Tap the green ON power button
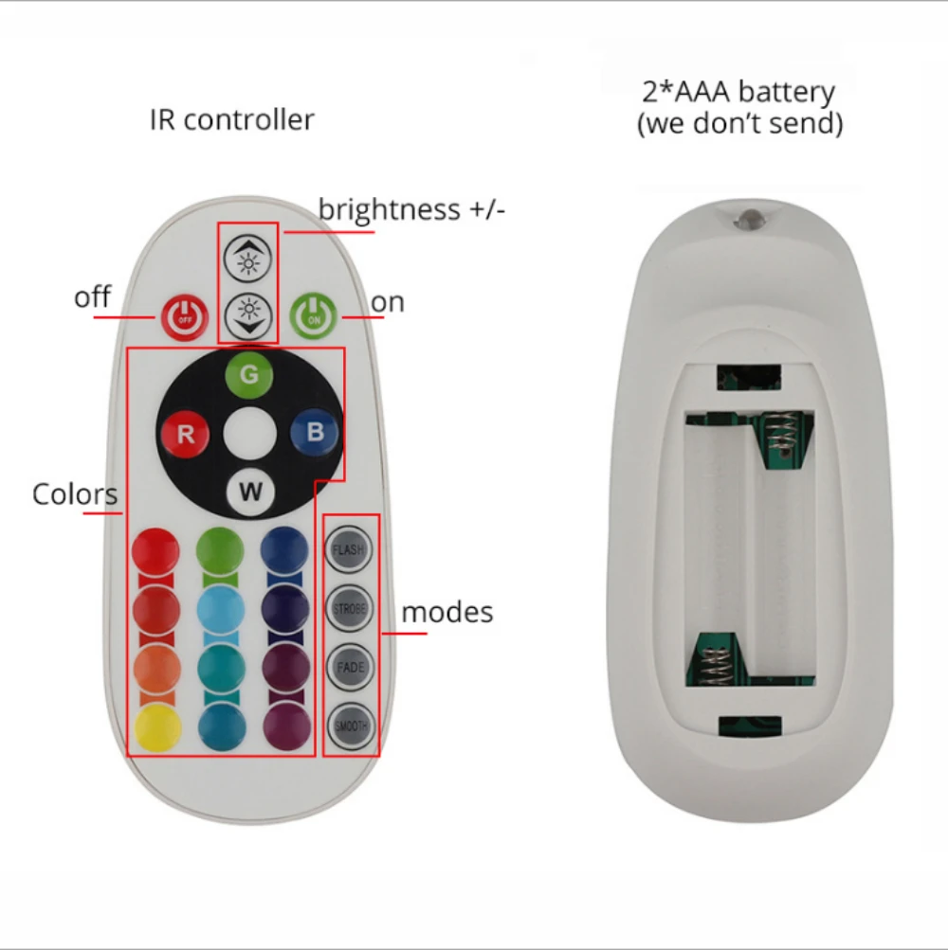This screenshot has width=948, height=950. (313, 316)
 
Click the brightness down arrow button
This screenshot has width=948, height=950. (248, 311)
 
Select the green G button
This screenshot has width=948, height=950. (248, 375)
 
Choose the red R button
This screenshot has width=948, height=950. (186, 435)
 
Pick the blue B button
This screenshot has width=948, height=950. (315, 433)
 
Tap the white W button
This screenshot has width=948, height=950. (250, 492)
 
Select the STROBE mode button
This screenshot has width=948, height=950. (349, 609)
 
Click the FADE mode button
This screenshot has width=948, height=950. (350, 668)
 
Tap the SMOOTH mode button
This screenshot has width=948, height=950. (350, 726)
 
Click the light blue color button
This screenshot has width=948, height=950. (221, 608)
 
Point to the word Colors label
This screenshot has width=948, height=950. (75, 494)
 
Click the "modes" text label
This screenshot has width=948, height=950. (447, 612)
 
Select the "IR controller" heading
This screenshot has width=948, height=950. (231, 120)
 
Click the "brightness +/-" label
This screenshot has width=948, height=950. (411, 209)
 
